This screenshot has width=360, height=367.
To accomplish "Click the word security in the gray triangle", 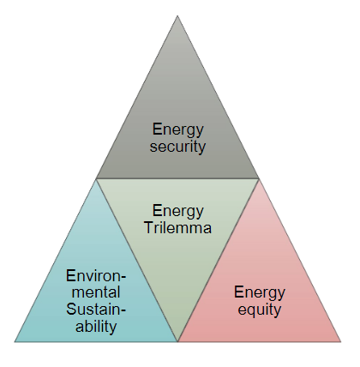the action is [x=177, y=147].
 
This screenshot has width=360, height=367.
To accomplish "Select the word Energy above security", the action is [x=177, y=130].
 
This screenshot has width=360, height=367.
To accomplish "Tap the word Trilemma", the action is [x=177, y=228].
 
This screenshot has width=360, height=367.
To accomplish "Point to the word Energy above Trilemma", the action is [x=177, y=212].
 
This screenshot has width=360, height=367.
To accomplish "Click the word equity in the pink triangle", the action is [x=260, y=310].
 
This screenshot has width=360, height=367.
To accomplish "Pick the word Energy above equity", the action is [x=260, y=293].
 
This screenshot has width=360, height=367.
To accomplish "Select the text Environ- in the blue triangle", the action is [x=96, y=276].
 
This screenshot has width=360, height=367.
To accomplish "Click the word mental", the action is [x=96, y=292].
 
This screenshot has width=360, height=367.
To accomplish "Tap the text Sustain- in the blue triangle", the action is [x=96, y=309].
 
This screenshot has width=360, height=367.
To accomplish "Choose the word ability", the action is [x=96, y=326].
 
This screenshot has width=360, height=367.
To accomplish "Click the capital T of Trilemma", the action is [x=149, y=228].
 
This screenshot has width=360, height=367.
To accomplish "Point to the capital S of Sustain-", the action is [x=71, y=309].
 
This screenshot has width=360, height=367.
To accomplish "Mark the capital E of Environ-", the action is [x=70, y=276].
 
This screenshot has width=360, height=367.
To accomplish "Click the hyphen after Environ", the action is [x=123, y=278].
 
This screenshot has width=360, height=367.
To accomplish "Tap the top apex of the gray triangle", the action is [x=177, y=15].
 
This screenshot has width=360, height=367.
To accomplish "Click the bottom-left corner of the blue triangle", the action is [x=15, y=341].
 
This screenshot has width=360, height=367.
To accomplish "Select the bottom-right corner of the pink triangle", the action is [x=341, y=341].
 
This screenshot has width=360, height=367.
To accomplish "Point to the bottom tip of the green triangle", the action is [x=177, y=341].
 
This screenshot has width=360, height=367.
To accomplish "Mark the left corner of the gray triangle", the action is [x=96, y=178].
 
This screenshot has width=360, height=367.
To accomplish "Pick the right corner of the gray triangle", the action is [x=259, y=178].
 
